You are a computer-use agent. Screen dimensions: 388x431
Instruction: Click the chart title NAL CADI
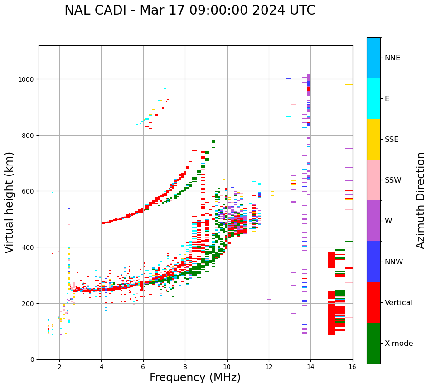(x=96, y=10)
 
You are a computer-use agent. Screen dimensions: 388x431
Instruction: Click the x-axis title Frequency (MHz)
(x=195, y=378)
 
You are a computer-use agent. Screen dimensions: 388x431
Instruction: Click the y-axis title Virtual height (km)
(x=10, y=202)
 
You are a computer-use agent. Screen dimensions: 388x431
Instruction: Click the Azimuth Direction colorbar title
(x=421, y=200)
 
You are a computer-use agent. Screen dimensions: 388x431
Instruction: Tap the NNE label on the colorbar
(x=392, y=58)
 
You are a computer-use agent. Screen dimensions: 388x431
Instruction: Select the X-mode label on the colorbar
(x=399, y=343)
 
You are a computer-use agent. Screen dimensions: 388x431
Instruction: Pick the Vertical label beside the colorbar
(x=399, y=302)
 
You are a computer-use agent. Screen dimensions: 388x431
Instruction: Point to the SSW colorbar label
(x=393, y=180)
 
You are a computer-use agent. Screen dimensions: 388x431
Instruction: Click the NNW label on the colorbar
(x=394, y=262)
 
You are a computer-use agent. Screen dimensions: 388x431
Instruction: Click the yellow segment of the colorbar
(x=373, y=139)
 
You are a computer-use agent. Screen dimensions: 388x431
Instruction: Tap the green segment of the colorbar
(x=373, y=343)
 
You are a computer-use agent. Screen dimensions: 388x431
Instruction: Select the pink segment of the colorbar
(x=373, y=180)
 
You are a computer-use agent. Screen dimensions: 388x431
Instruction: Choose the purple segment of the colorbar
(x=373, y=221)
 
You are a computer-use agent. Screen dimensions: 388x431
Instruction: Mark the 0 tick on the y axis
(x=33, y=359)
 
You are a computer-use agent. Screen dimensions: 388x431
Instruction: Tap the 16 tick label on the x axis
(x=353, y=367)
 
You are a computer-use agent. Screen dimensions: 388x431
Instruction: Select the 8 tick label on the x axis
(x=185, y=367)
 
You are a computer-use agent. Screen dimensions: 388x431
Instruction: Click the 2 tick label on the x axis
(x=59, y=367)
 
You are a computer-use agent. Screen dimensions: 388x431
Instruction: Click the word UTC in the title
(x=302, y=10)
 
